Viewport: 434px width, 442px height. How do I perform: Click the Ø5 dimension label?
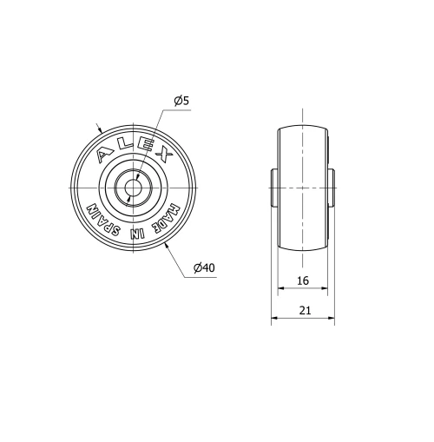[181, 102]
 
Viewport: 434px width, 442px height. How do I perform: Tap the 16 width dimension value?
[302, 280]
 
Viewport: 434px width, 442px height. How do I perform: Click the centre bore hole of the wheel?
[133, 188]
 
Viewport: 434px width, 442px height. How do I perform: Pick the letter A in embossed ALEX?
[105, 154]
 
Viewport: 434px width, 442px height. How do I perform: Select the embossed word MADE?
[169, 215]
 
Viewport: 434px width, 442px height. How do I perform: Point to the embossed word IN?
[133, 234]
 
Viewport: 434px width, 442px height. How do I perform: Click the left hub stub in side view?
[273, 188]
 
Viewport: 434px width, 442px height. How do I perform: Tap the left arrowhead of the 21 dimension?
[275, 320]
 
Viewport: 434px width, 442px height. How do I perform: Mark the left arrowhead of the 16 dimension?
[280, 290]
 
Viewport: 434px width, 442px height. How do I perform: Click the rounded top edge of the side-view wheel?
[302, 127]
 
